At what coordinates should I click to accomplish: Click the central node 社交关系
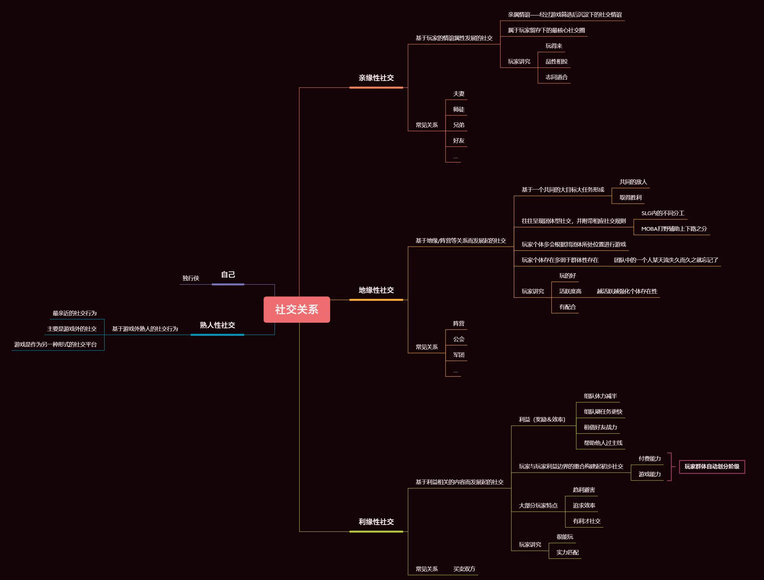296,309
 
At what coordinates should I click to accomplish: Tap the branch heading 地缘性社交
376,290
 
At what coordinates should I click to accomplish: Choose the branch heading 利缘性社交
376,522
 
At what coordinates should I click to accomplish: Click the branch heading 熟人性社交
217,325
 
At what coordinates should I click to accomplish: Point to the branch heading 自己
228,275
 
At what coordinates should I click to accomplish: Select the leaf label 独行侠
191,278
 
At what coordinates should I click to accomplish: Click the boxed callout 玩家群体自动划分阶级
712,467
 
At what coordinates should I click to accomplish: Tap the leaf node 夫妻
459,94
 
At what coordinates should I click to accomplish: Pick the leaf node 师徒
459,109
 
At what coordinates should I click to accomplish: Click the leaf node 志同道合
556,77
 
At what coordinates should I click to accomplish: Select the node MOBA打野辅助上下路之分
674,229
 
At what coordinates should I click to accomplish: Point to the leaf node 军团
459,355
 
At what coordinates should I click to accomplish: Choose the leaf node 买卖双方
464,569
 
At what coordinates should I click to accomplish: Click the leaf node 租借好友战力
600,427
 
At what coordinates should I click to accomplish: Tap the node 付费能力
649,458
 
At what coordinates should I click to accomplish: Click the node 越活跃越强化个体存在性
627,291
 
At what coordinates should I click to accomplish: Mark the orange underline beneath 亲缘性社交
376,88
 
